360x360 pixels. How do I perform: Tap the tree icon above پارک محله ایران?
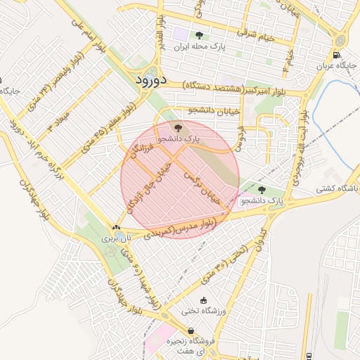coord(200,34)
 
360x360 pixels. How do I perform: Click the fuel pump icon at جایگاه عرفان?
coord(336,55)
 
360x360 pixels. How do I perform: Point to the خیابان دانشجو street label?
coord(210,111)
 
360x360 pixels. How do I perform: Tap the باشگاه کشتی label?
coord(337,188)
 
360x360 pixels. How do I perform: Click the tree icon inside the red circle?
coord(177,127)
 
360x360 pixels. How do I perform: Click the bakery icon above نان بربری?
coord(116,227)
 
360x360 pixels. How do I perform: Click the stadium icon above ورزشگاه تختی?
coord(204,300)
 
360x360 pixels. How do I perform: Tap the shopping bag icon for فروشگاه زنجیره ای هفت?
coord(191,330)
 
